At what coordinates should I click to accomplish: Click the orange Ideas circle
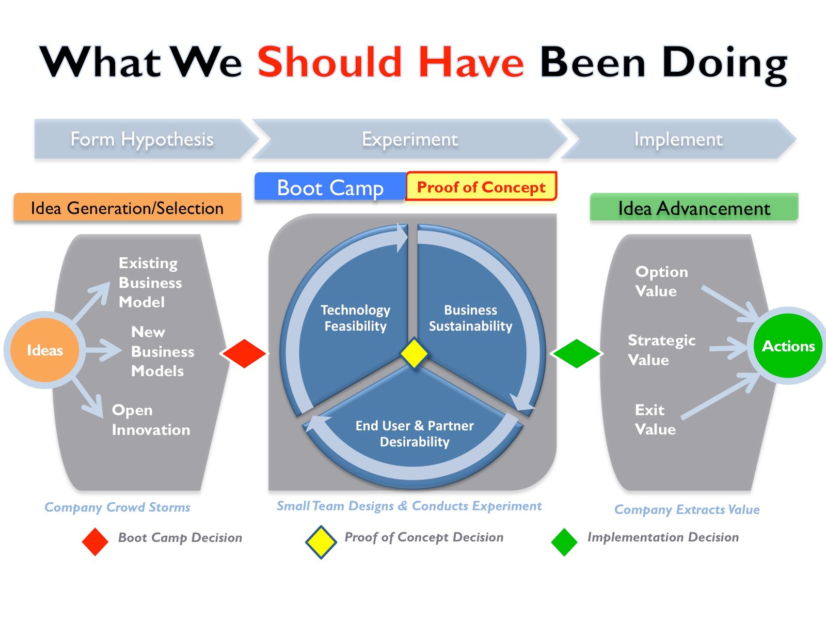pos(44,350)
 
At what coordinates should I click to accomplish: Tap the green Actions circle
pos(788,346)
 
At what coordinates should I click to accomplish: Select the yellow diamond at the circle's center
pos(414,353)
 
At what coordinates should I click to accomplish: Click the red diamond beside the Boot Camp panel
pos(244,353)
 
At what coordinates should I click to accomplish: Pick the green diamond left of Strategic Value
pos(576,353)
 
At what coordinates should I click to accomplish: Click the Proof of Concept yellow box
pos(481,187)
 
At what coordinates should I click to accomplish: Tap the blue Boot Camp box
pos(330,187)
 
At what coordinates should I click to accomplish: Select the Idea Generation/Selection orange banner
pos(127,208)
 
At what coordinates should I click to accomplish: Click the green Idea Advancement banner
pos(694,208)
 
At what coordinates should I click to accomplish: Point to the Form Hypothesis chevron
pos(142,139)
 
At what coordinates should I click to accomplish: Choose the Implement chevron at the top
pos(678,139)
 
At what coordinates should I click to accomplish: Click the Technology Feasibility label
pos(355,318)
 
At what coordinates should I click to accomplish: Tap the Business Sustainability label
pos(470,318)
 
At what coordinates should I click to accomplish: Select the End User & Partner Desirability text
pos(415,433)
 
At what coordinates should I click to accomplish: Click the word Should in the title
pos(329,63)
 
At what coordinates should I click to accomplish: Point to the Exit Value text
pos(655,420)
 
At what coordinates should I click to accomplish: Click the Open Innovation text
pos(151,420)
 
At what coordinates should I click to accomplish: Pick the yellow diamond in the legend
pos(321,542)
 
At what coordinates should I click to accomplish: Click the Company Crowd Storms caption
pos(117,507)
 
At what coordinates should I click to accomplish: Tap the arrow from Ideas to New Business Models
pos(103,350)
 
